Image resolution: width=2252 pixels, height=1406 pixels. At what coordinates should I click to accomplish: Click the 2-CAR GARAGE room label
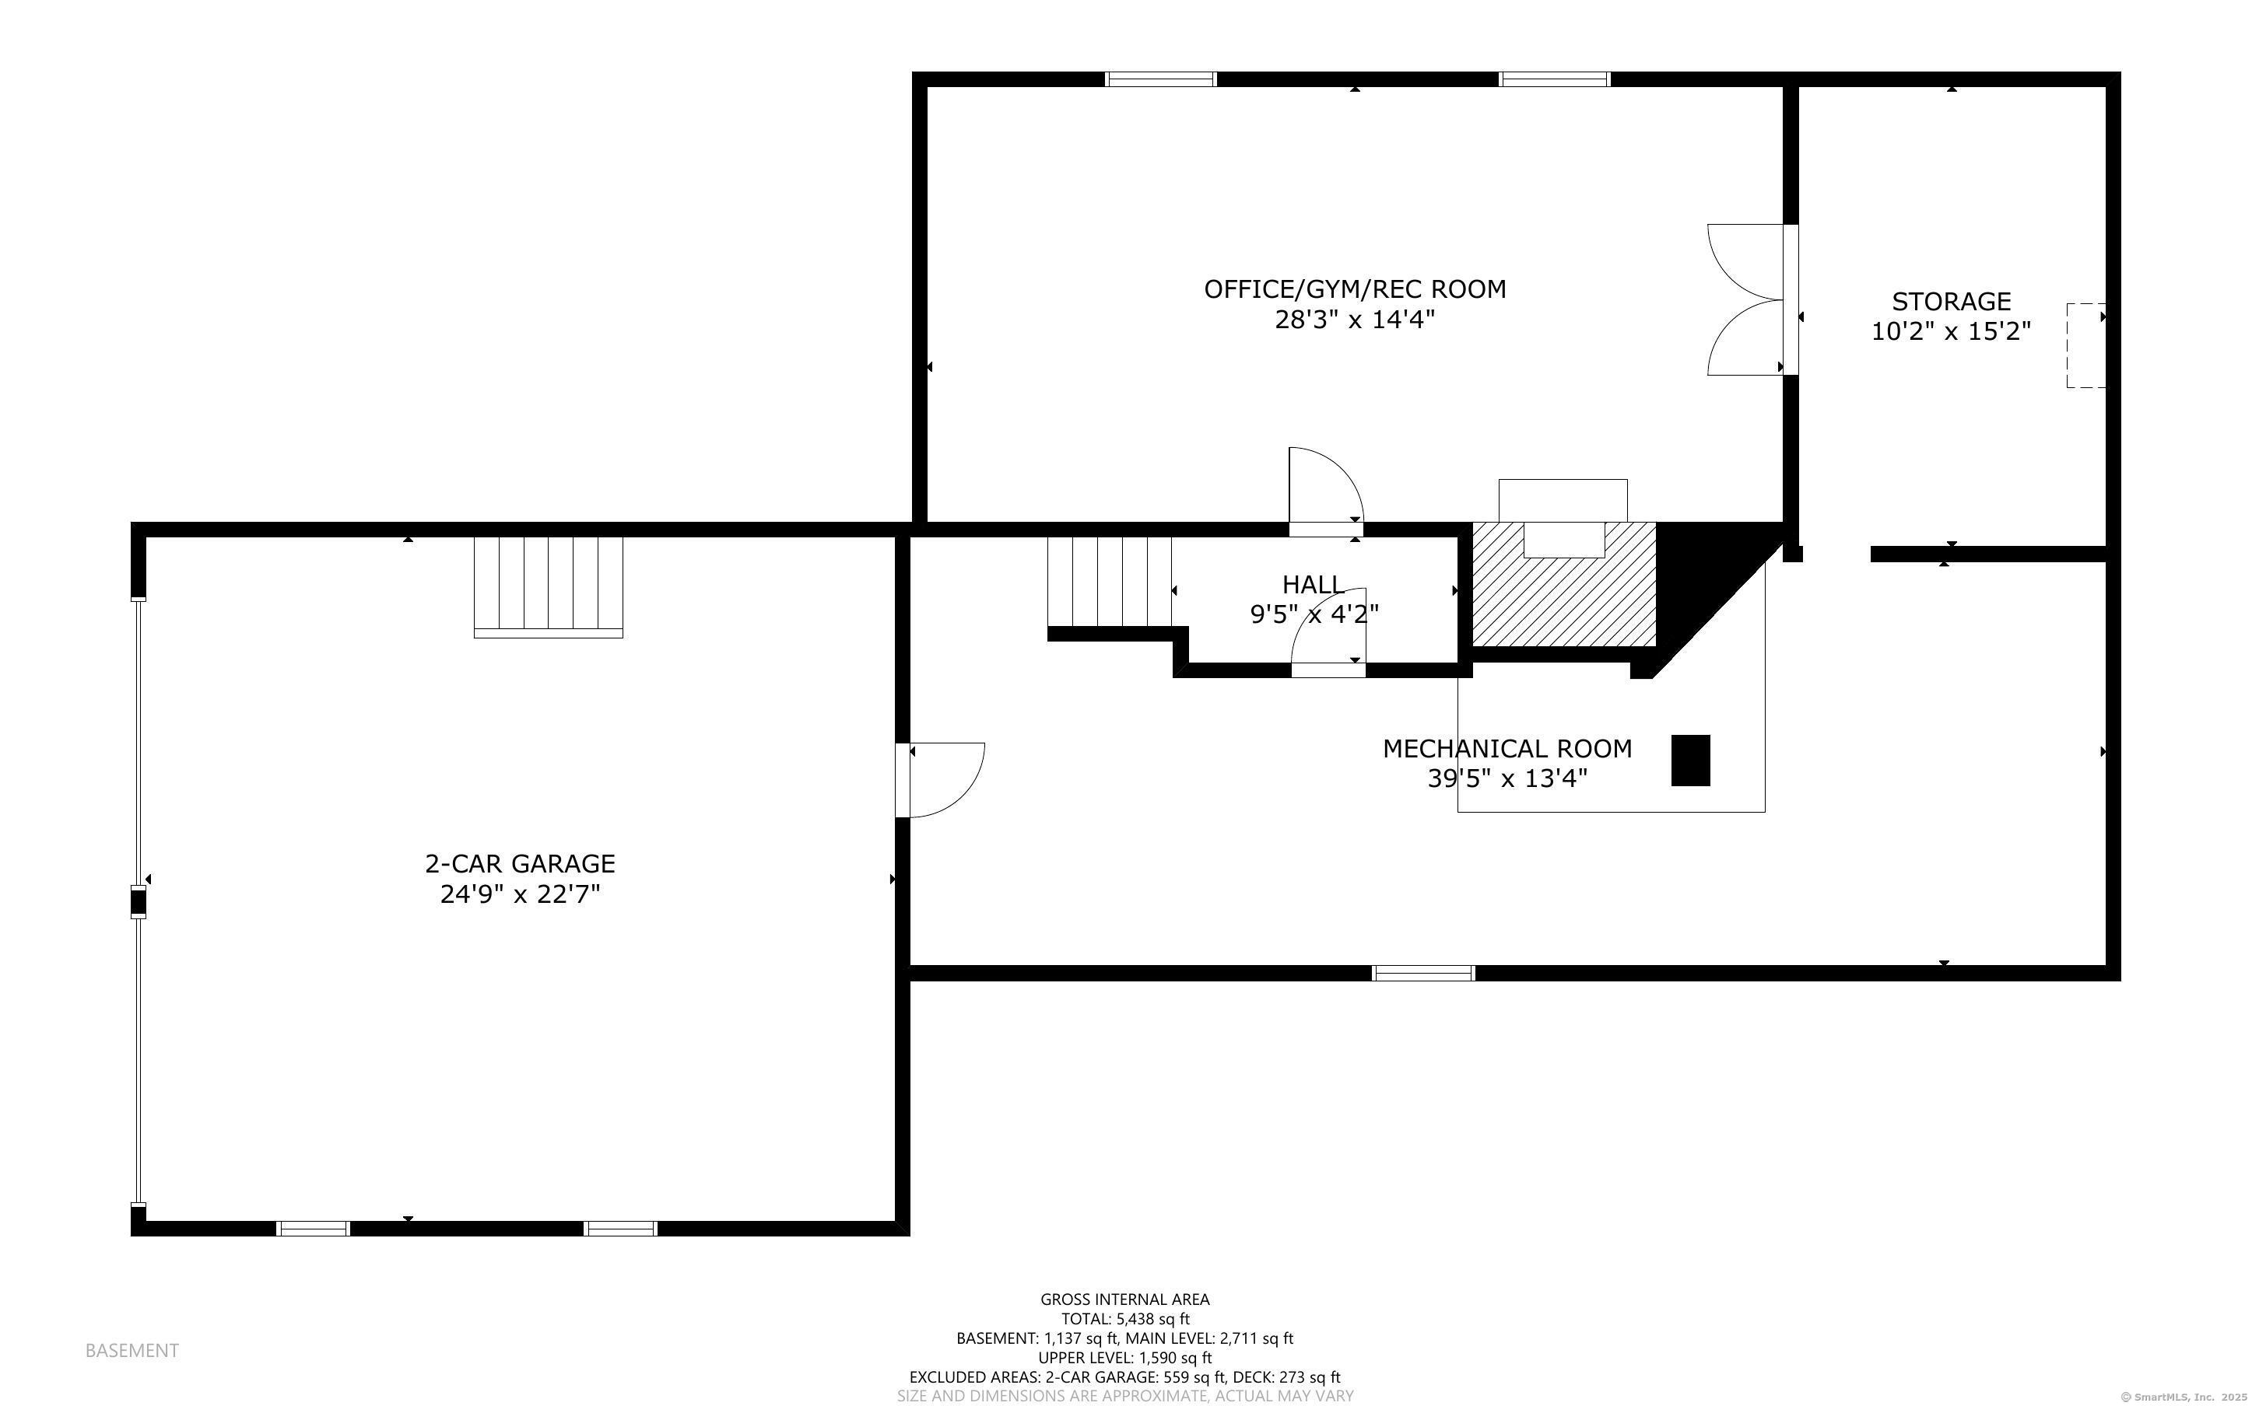(520, 864)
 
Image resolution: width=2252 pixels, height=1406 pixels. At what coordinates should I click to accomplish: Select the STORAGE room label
(1952, 301)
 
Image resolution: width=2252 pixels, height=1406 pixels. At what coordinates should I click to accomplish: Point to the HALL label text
(1313, 585)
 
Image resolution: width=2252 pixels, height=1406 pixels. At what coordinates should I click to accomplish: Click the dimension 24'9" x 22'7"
(520, 894)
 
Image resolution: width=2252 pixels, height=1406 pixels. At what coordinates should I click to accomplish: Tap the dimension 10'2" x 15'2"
(1952, 332)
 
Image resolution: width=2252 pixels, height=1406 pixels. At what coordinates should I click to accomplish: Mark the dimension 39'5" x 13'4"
(1508, 778)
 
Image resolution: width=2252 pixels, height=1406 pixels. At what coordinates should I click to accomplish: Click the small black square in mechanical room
(1691, 761)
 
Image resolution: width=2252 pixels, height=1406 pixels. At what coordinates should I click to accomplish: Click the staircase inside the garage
(548, 588)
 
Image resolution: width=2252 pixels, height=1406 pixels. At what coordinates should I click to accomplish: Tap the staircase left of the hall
(1109, 582)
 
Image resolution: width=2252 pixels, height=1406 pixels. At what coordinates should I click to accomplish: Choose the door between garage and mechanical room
(939, 780)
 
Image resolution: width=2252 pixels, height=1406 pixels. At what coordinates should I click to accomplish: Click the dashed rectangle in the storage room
(2086, 345)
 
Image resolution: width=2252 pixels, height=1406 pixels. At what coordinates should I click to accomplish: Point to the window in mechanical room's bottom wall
(1423, 974)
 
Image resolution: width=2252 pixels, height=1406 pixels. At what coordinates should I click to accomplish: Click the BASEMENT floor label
(132, 1350)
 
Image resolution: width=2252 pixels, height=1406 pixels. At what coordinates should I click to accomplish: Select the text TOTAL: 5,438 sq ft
(1125, 1319)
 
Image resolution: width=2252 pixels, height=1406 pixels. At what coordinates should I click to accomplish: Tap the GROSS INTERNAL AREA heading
(1124, 1299)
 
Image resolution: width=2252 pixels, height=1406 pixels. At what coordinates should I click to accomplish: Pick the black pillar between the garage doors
(138, 902)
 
